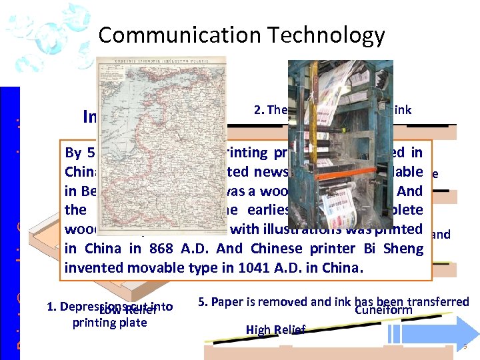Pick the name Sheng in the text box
point(403,249)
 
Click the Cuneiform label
point(383,310)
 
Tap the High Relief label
point(275,329)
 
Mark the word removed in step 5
point(284,302)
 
